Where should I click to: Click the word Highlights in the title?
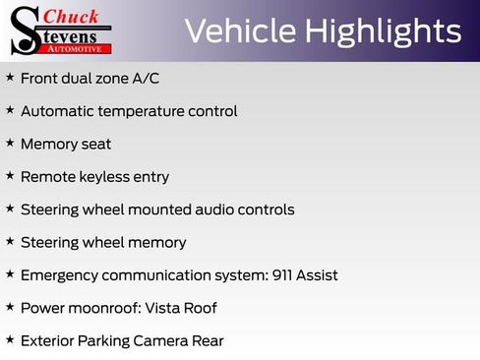tap(383, 31)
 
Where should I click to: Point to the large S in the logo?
tap(27, 30)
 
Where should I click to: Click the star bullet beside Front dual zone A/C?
tap(10, 77)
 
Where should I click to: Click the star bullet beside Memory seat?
tap(10, 143)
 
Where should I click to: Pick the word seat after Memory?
tap(95, 144)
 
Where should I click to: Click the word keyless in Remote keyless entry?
tap(102, 177)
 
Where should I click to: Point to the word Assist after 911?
tap(319, 275)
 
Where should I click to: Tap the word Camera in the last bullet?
tap(163, 341)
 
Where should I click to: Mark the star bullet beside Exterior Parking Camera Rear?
tap(10, 339)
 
